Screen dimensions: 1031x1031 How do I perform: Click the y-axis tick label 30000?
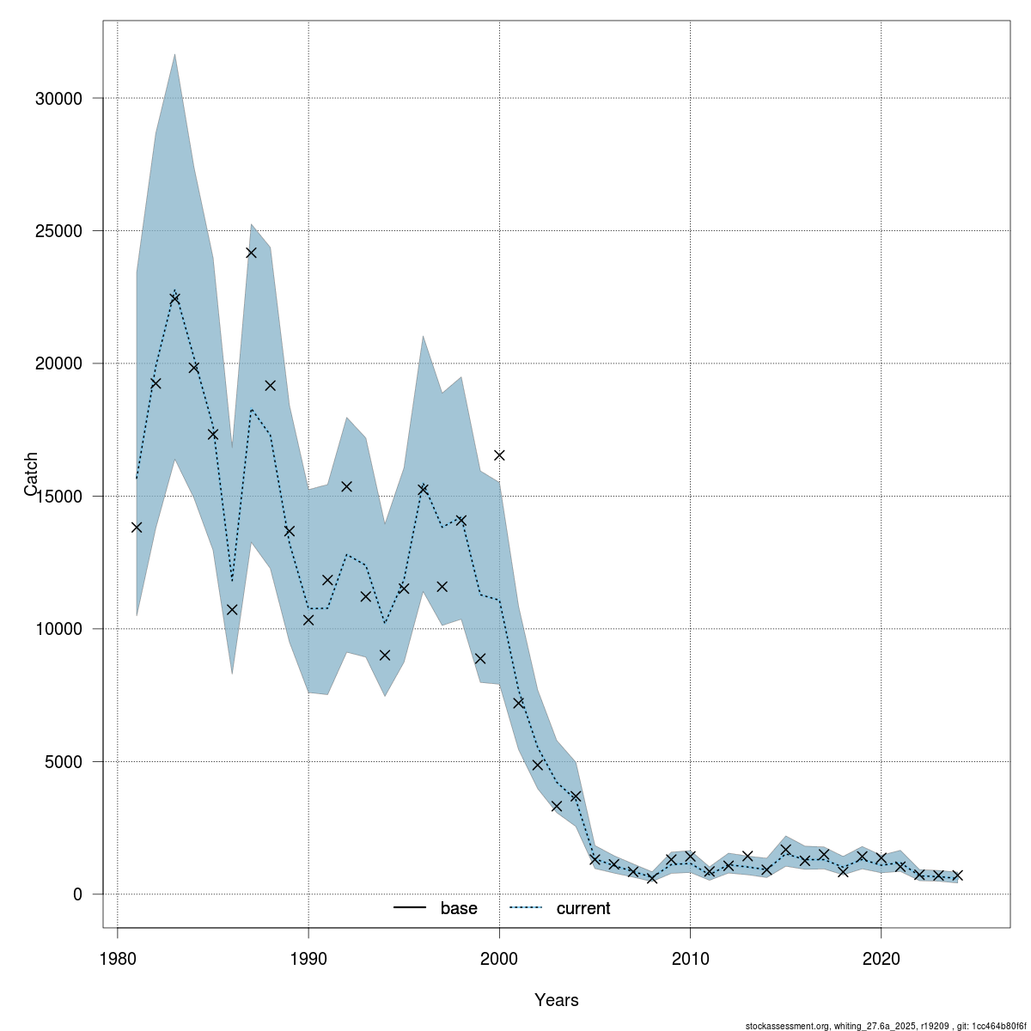(x=58, y=99)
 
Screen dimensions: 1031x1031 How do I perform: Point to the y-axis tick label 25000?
(x=58, y=231)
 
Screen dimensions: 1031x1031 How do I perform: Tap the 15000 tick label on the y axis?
(x=58, y=497)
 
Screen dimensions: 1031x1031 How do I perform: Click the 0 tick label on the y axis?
(x=76, y=894)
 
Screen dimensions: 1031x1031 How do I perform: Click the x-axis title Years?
(x=556, y=1000)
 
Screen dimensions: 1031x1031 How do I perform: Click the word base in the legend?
(x=459, y=908)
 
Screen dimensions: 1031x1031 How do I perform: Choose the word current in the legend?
(x=583, y=908)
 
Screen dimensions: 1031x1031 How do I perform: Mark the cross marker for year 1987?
(x=251, y=253)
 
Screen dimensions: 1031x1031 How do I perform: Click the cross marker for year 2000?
(x=499, y=455)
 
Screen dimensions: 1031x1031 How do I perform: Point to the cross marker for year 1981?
(x=137, y=528)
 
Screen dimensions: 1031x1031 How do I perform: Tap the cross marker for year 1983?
(x=174, y=299)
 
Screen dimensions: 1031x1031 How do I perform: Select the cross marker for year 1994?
(x=385, y=655)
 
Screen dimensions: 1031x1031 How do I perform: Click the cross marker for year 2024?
(x=957, y=875)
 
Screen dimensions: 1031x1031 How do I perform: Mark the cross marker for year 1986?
(x=232, y=610)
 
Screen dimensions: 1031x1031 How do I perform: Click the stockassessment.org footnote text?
(x=886, y=1026)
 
